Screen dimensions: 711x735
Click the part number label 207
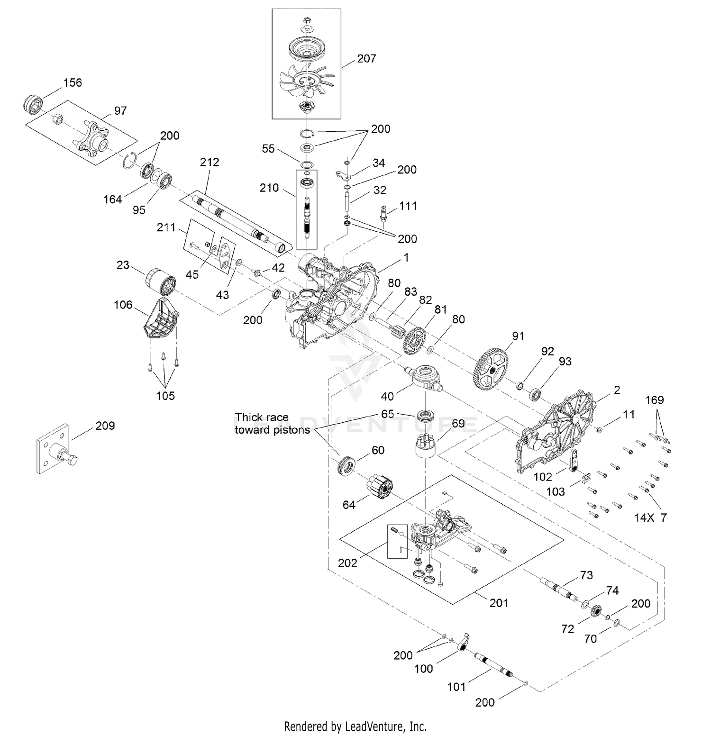[x=366, y=58]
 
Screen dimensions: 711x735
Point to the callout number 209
[x=105, y=426]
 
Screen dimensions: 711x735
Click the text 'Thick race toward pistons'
[x=272, y=424]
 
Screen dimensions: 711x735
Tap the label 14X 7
[x=650, y=517]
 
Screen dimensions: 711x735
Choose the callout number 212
[x=210, y=162]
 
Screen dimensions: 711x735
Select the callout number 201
[x=499, y=603]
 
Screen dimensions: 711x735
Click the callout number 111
[x=408, y=206]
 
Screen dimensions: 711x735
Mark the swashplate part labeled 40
[x=426, y=378]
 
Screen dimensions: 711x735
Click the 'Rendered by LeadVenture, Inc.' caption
[x=355, y=726]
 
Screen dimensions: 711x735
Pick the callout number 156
[x=73, y=82]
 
